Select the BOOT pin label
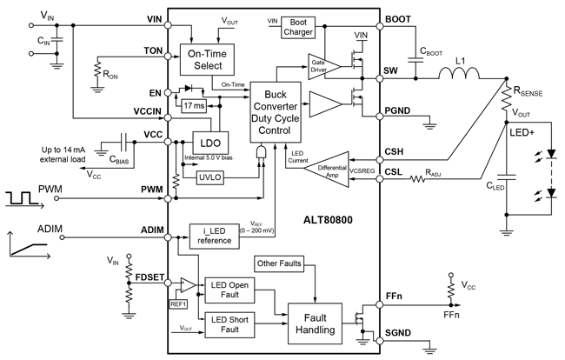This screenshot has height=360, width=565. point(397,18)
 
